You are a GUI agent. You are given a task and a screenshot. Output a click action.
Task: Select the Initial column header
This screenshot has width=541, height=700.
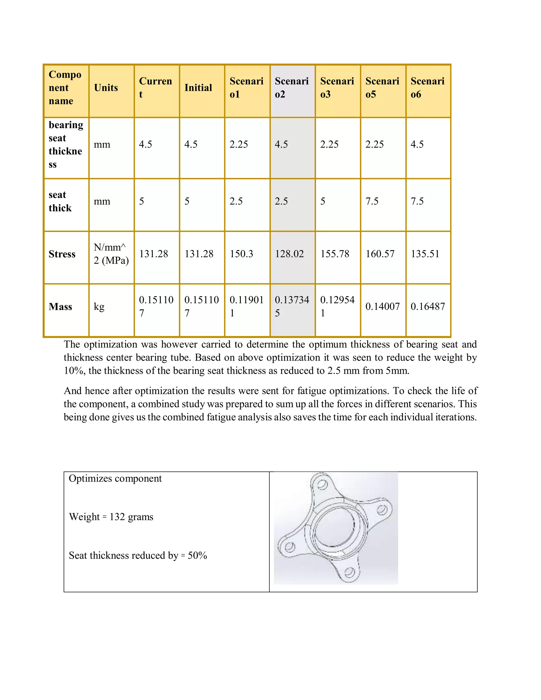198,88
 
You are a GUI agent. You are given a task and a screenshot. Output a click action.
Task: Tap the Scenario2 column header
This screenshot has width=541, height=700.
292,88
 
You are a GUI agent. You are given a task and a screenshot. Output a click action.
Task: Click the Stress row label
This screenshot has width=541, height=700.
62,254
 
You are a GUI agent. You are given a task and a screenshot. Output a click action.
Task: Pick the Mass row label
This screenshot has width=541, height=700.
60,307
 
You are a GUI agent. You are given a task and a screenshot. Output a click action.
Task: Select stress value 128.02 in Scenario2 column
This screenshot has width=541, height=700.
289,254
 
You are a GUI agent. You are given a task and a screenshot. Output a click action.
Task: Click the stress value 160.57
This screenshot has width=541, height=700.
380,254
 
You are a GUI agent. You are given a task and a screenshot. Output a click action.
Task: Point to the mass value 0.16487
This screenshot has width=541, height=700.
428,306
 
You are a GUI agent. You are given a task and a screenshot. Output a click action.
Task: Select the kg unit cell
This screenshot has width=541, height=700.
99,306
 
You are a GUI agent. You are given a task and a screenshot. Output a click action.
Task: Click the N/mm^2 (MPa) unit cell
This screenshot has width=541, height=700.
111,254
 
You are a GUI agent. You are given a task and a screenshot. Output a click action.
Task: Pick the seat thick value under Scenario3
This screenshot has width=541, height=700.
323,201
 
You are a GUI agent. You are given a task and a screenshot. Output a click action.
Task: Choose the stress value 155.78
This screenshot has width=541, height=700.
335,254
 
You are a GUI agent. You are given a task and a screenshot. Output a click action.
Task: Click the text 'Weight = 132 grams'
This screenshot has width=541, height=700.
111,517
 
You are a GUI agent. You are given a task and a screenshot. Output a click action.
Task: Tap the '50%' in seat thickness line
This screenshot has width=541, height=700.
197,555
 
